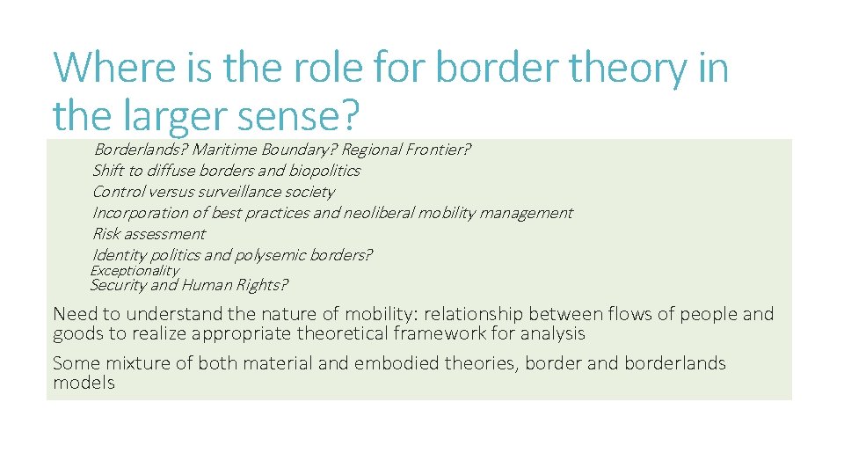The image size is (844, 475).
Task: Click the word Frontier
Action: [437, 150]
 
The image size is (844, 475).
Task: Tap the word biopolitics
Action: [320, 171]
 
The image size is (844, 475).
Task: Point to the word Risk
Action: [106, 234]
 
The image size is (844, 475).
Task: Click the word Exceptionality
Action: [135, 271]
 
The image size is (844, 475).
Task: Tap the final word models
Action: [84, 383]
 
